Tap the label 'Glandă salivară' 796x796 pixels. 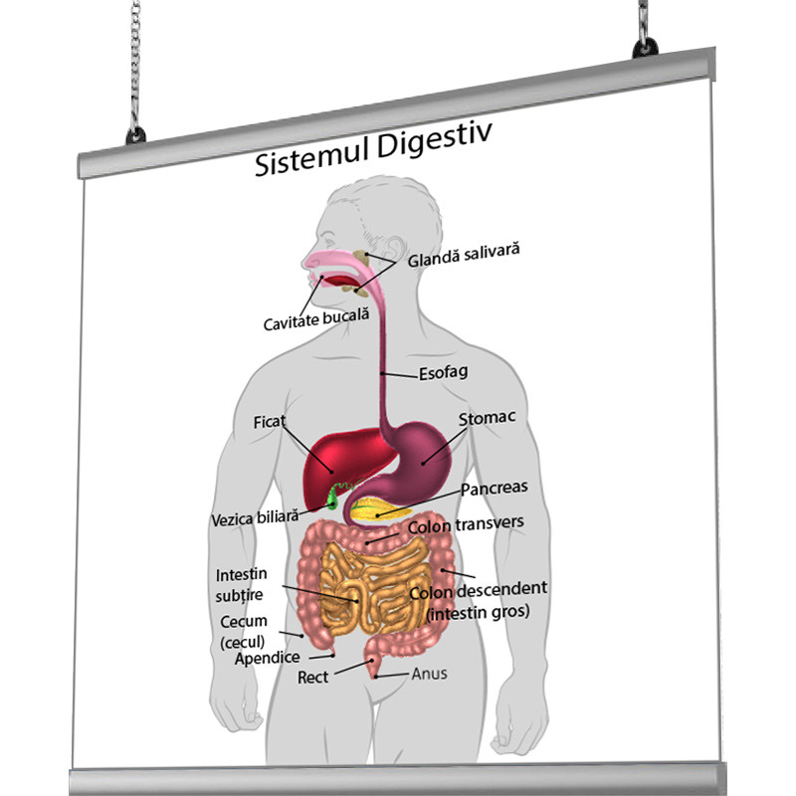(x=464, y=255)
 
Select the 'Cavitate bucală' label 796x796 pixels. (x=316, y=318)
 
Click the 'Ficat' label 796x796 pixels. (x=269, y=421)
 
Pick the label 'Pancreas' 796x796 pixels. (x=494, y=488)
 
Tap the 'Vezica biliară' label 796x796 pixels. (x=255, y=518)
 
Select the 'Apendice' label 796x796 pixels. (x=268, y=658)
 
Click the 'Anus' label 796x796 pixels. (x=429, y=674)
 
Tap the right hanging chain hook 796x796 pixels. (x=646, y=40)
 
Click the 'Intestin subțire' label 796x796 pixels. (x=240, y=585)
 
